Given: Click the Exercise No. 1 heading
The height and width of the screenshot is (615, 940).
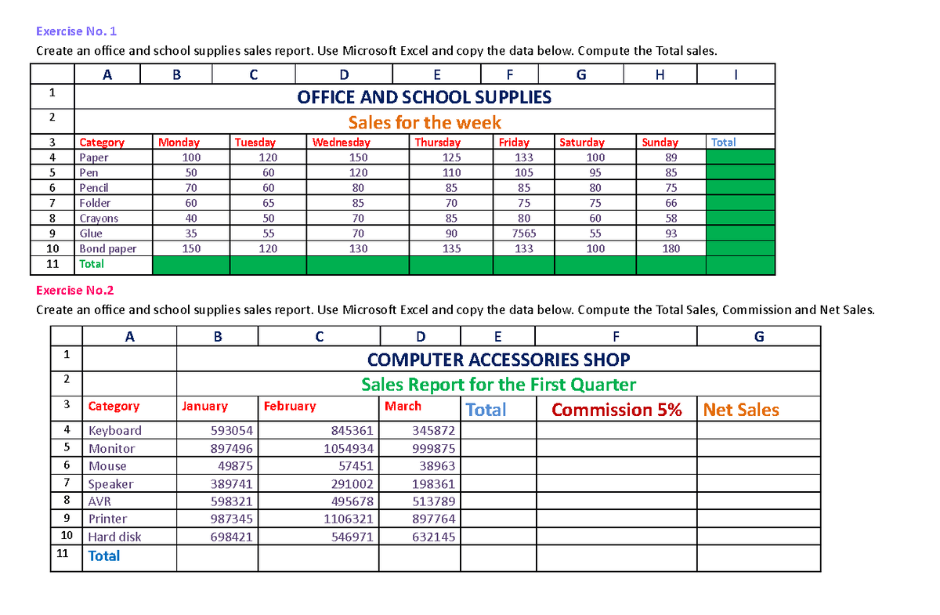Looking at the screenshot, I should [x=76, y=32].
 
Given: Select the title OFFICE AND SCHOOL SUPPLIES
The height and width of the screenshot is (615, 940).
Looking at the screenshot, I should [x=424, y=97].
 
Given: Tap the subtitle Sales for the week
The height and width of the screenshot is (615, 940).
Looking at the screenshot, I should [x=424, y=123].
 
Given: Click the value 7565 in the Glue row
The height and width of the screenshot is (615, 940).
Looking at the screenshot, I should [x=523, y=233].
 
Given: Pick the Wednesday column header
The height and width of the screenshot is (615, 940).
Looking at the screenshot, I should [x=341, y=143].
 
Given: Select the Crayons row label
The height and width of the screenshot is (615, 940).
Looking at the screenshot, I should [x=99, y=219].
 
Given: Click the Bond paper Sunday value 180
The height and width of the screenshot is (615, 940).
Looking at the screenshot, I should [x=671, y=249].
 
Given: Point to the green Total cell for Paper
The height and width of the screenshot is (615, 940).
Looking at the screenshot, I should [x=740, y=157].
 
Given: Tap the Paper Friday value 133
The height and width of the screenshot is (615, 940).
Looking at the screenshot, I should [x=523, y=157].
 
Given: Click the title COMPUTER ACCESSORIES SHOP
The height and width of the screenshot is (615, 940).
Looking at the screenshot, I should [x=498, y=360].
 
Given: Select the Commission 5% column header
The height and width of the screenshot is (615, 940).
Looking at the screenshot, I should [x=616, y=410].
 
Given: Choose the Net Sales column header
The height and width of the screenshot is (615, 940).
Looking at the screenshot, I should [x=740, y=410].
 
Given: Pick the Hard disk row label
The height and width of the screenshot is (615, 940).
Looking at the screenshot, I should [x=114, y=537].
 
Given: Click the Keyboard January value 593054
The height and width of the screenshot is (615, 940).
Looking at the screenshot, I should [x=231, y=431].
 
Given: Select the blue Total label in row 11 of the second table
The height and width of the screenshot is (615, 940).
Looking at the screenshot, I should [x=104, y=556].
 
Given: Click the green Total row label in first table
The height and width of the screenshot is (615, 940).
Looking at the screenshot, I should [x=92, y=264].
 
